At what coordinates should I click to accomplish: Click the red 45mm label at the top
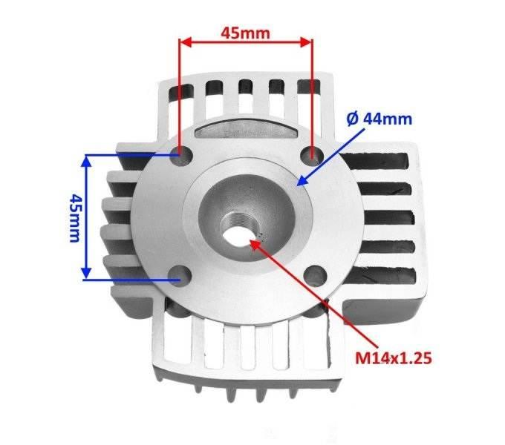point(244,33)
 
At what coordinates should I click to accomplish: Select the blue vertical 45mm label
point(74,217)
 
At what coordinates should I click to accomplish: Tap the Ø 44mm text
point(379,119)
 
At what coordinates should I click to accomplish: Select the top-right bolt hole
point(313,154)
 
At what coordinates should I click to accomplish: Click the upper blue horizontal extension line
point(130,155)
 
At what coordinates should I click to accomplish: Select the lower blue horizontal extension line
point(130,280)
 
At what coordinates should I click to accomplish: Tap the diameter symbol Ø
point(353,119)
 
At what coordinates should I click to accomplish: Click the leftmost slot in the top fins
point(182,90)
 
